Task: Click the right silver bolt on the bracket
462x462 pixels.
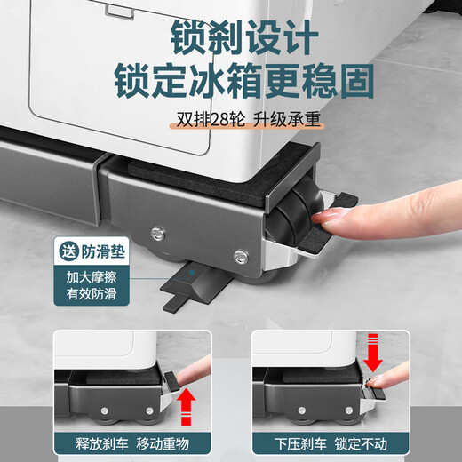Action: (x=238, y=258)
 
